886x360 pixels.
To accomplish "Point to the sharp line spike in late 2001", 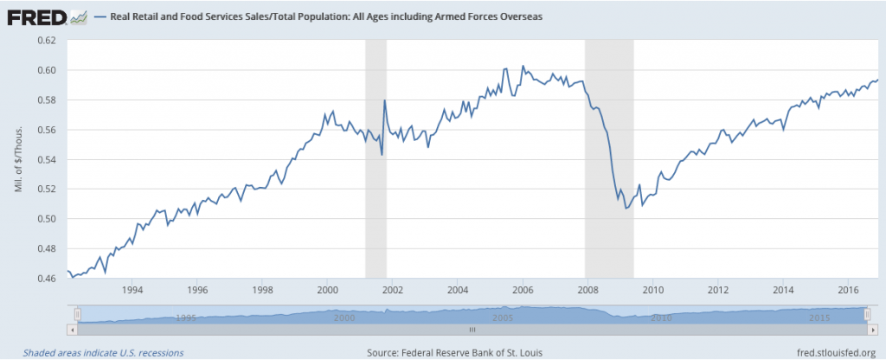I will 384,101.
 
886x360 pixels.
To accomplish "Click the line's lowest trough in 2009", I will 626,233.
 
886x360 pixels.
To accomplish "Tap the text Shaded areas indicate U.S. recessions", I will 103,352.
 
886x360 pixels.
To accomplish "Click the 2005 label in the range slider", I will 502,318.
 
